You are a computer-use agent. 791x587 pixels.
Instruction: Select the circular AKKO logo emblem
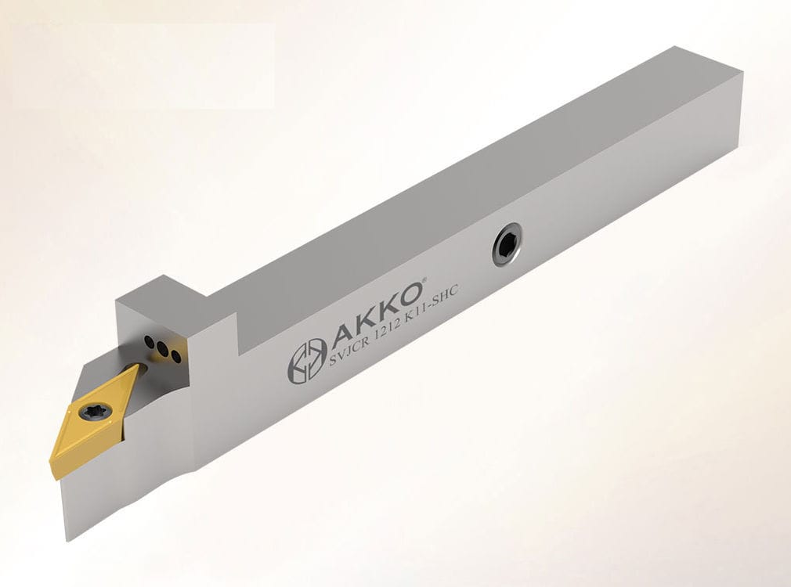pos(306,360)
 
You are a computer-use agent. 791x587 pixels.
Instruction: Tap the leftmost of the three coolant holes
pos(148,341)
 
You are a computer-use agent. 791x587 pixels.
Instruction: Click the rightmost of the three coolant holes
pos(176,357)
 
